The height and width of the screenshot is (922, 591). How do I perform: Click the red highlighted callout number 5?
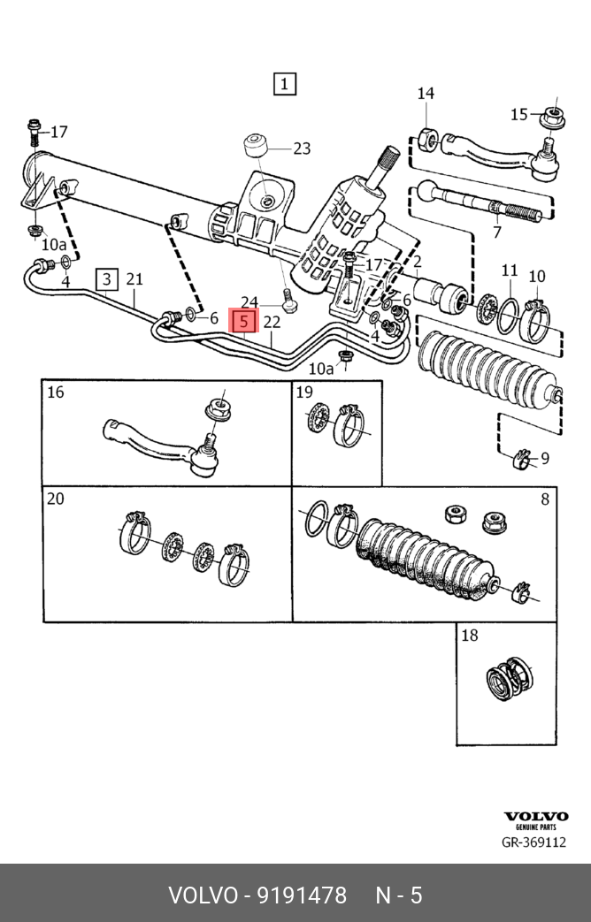[243, 321]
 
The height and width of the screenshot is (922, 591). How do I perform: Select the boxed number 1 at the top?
[284, 84]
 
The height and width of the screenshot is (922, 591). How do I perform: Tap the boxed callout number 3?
[106, 280]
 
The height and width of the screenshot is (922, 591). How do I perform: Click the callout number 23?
[302, 149]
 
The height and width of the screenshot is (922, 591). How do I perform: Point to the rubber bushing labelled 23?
[257, 144]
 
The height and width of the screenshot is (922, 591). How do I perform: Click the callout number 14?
[426, 94]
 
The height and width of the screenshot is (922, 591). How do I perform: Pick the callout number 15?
[518, 114]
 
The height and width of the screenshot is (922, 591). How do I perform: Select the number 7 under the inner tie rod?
[496, 232]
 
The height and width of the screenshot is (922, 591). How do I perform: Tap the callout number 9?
[544, 458]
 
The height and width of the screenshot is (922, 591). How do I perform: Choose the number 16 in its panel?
[56, 392]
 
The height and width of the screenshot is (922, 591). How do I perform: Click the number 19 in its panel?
[304, 392]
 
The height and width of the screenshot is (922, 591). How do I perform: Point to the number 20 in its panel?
[56, 499]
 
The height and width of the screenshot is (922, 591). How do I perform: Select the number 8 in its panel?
[544, 499]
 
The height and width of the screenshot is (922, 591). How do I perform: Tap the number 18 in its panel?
[469, 635]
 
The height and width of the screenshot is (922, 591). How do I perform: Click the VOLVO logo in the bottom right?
[535, 817]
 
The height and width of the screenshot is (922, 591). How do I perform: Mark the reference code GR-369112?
[533, 842]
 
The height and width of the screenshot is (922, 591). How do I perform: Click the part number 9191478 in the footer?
[302, 895]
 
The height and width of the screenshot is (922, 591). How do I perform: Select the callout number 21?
[134, 279]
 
